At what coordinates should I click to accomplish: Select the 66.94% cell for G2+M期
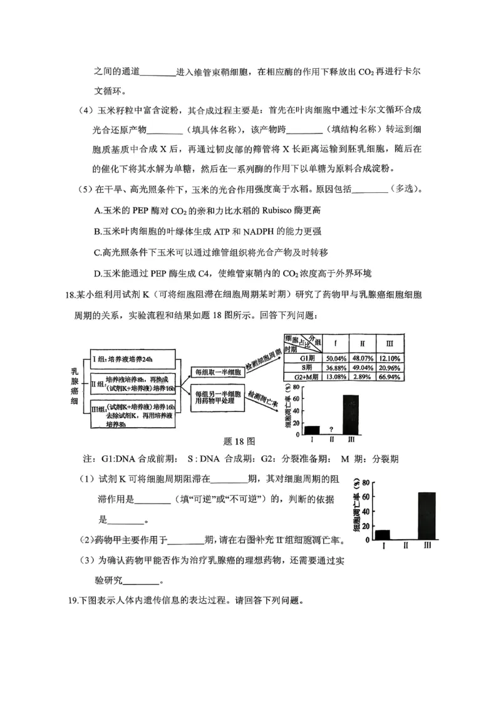point(389,377)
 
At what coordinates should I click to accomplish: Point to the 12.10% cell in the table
point(389,358)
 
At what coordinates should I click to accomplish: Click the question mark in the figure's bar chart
point(330,430)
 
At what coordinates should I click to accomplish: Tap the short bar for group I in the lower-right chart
point(382,534)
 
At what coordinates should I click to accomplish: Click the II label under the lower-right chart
point(405,546)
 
